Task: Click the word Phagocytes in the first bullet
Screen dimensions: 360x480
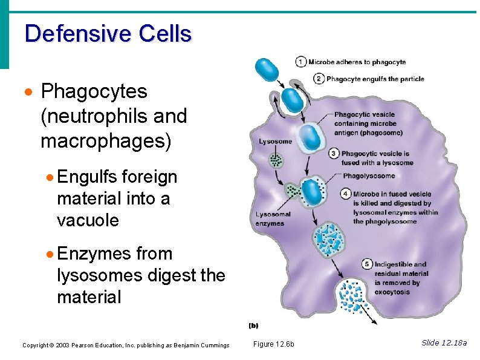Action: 94,92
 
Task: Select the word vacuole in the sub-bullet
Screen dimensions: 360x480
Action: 88,220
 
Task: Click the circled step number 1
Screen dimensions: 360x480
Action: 300,62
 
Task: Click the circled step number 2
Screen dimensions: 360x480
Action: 319,78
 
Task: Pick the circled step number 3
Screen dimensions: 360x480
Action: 334,154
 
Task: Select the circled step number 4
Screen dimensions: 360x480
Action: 345,194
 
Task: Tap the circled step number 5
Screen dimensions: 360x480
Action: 366,264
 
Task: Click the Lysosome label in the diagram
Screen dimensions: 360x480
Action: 275,142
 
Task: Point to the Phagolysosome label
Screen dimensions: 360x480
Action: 369,176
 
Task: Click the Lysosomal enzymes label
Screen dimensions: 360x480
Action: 273,219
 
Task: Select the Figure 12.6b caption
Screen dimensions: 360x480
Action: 273,344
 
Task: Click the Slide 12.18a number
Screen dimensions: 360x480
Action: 444,343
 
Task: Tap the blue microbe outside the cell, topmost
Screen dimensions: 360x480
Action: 266,70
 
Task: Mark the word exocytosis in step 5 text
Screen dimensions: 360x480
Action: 392,292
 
